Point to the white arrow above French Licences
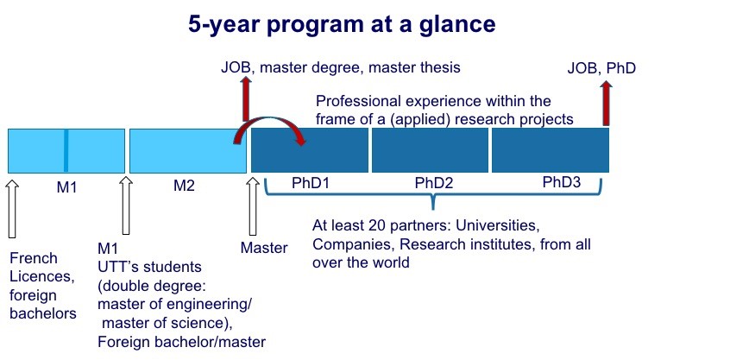tap(13, 208)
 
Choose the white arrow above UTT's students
tap(126, 205)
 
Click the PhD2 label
tap(434, 183)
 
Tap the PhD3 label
tap(562, 182)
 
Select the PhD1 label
tap(311, 182)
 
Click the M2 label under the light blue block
tap(184, 186)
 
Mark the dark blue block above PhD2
tap(430, 150)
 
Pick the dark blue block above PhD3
tap(551, 150)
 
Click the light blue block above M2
tap(187, 151)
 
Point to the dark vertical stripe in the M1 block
tap(66, 151)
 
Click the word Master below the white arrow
tap(264, 248)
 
